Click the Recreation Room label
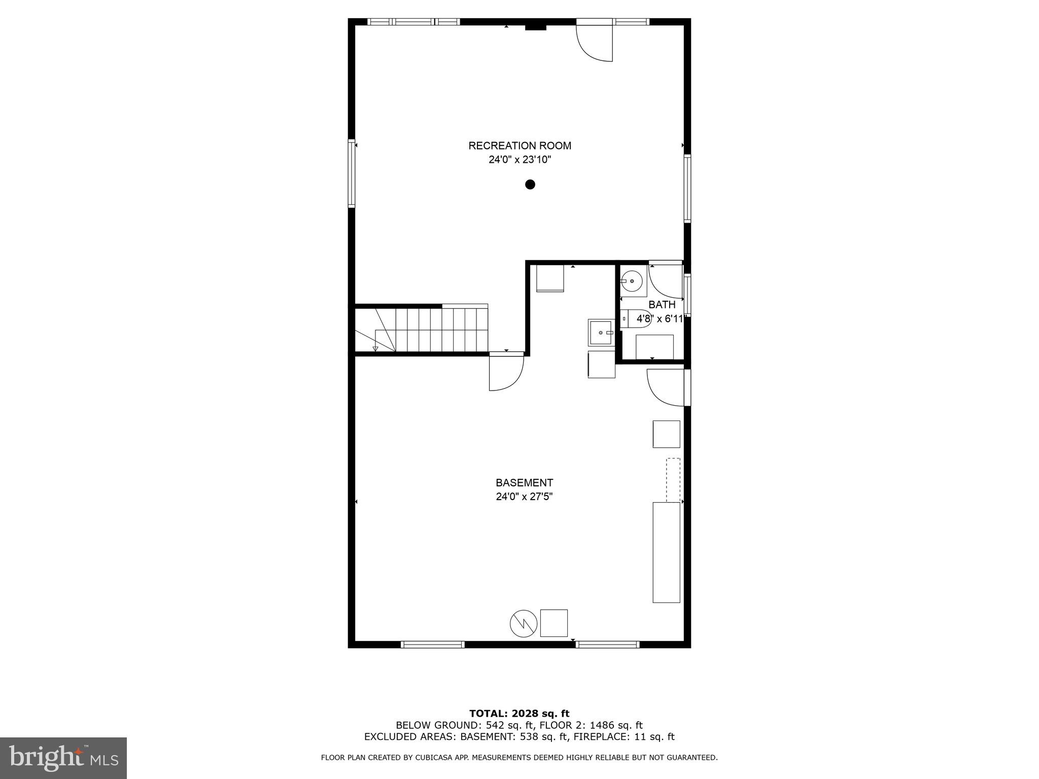tap(519, 146)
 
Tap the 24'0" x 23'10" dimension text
tap(519, 160)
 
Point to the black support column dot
tap(530, 185)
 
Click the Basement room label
tap(524, 483)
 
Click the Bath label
tap(662, 305)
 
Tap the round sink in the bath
tap(632, 281)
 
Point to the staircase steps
tap(431, 330)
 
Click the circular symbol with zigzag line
tap(523, 623)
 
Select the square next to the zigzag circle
tap(553, 623)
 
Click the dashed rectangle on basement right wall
tap(673, 480)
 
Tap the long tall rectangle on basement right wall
tap(666, 552)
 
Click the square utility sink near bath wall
tap(601, 332)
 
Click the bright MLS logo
tap(63, 758)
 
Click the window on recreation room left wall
tap(351, 173)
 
